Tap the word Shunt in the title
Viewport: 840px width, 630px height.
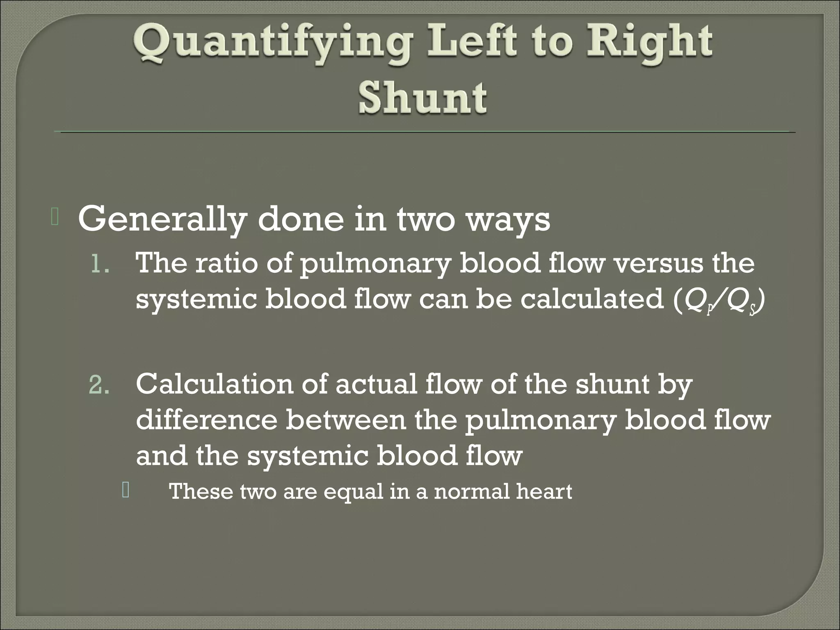click(423, 98)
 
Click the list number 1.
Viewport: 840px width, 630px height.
click(100, 265)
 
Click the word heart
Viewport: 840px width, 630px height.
click(543, 491)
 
